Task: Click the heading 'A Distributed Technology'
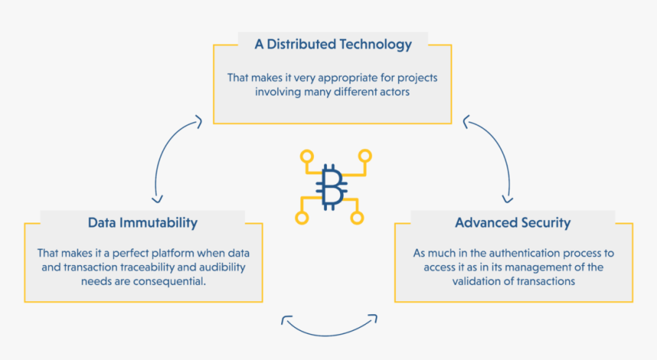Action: [332, 44]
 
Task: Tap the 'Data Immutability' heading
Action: [143, 223]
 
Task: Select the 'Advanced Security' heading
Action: [513, 223]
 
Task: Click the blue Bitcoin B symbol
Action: [333, 186]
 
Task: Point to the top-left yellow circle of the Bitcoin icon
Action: [307, 157]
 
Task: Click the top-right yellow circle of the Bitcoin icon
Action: [365, 156]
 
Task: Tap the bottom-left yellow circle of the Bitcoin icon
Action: [302, 218]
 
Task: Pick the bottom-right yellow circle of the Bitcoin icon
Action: [357, 218]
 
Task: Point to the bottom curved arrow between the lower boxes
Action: [331, 327]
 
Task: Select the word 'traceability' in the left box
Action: [157, 267]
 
